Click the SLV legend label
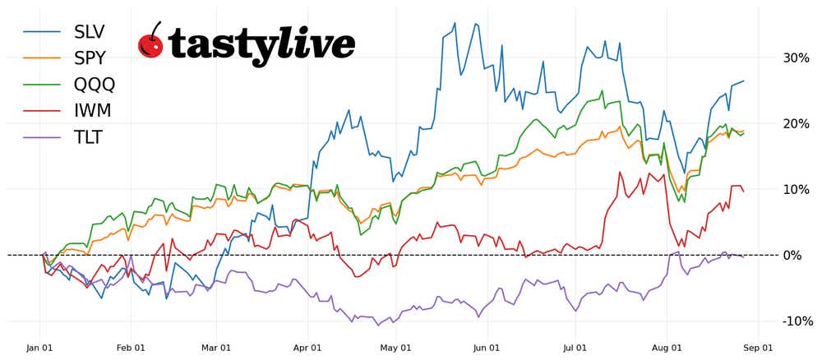tap(90, 32)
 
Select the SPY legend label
tap(90, 58)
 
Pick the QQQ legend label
tap(95, 85)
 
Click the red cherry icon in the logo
tap(150, 42)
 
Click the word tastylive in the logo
tap(261, 44)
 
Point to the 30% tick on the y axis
tap(796, 58)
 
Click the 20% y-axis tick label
tap(796, 124)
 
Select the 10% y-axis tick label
tap(796, 190)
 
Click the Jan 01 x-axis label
tap(39, 348)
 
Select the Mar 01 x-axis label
tap(215, 348)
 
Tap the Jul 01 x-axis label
tap(575, 348)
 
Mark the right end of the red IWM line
tap(744, 192)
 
